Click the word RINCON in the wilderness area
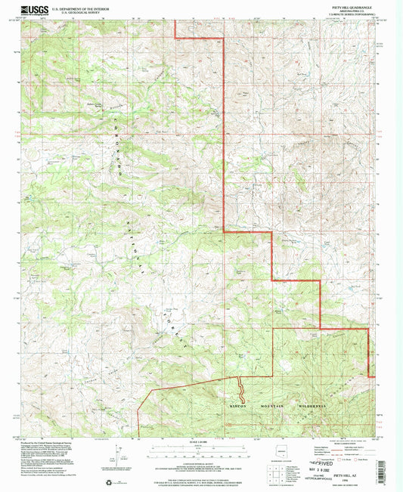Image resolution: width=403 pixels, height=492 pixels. tap(237, 406)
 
